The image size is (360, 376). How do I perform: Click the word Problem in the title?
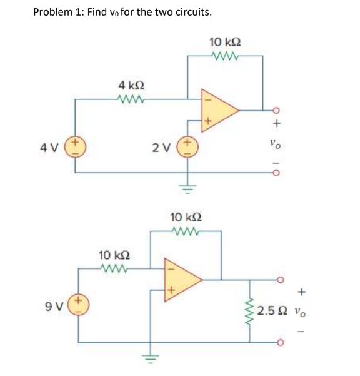[51, 12]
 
